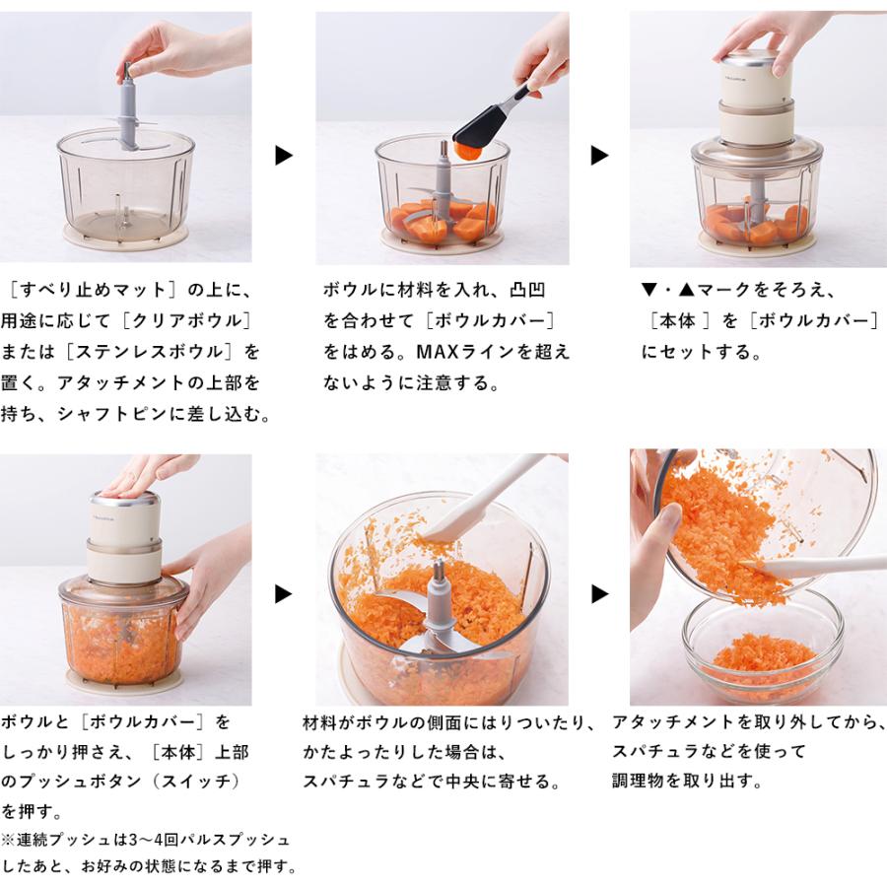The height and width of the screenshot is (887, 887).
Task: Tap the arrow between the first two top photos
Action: (x=284, y=155)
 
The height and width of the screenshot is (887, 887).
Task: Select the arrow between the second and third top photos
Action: (x=599, y=155)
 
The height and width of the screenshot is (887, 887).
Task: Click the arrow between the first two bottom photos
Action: (x=284, y=594)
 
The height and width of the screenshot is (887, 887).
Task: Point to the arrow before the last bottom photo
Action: (x=599, y=594)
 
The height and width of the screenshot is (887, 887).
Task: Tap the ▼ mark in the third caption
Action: (x=648, y=290)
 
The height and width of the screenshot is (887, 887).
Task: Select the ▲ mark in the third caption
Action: (x=686, y=290)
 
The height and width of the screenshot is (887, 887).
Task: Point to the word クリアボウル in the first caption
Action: (x=187, y=320)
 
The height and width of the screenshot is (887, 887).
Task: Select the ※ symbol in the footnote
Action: (x=8, y=840)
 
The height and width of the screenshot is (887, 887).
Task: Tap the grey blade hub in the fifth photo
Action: (x=439, y=602)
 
